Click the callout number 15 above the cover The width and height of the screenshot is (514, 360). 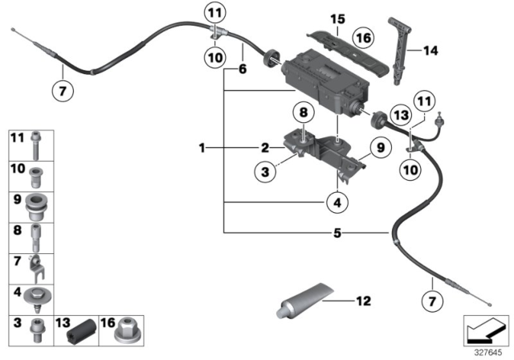pyautogui.click(x=337, y=18)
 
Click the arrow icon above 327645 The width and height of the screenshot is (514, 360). pyautogui.click(x=485, y=329)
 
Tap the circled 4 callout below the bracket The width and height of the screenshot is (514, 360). pyautogui.click(x=338, y=205)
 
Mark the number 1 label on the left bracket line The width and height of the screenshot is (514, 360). pyautogui.click(x=202, y=148)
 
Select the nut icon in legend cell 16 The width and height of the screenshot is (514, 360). pyautogui.click(x=124, y=328)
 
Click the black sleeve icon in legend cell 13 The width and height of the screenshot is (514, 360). pyautogui.click(x=82, y=329)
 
